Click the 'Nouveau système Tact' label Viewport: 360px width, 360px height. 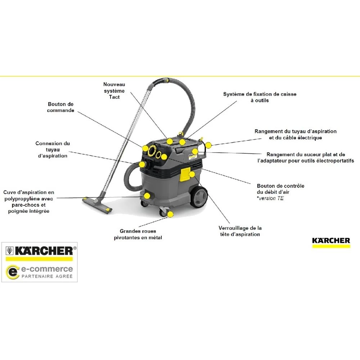coord(114,91)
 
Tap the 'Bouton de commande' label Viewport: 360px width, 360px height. coord(60,107)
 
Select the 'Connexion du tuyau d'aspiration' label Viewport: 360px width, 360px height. coord(53,149)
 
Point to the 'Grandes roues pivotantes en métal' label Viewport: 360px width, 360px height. coord(138,234)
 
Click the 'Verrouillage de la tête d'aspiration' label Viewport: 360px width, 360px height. coord(240,231)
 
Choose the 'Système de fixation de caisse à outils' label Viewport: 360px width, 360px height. coord(260,97)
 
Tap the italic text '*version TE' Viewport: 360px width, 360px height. coord(270,198)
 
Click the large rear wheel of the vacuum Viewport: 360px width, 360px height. coord(199,197)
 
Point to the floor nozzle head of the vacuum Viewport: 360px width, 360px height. coord(97,205)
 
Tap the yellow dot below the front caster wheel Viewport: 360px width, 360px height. coord(170,215)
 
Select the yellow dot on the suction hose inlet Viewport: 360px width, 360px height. coord(142,165)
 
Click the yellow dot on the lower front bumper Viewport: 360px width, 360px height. coord(147,196)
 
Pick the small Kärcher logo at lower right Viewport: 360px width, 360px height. coord(331,242)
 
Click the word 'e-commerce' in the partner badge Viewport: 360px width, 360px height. coord(47,269)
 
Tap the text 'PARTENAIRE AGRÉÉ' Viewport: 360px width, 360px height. coord(47,276)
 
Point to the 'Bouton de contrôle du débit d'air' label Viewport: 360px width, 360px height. coord(280,189)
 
